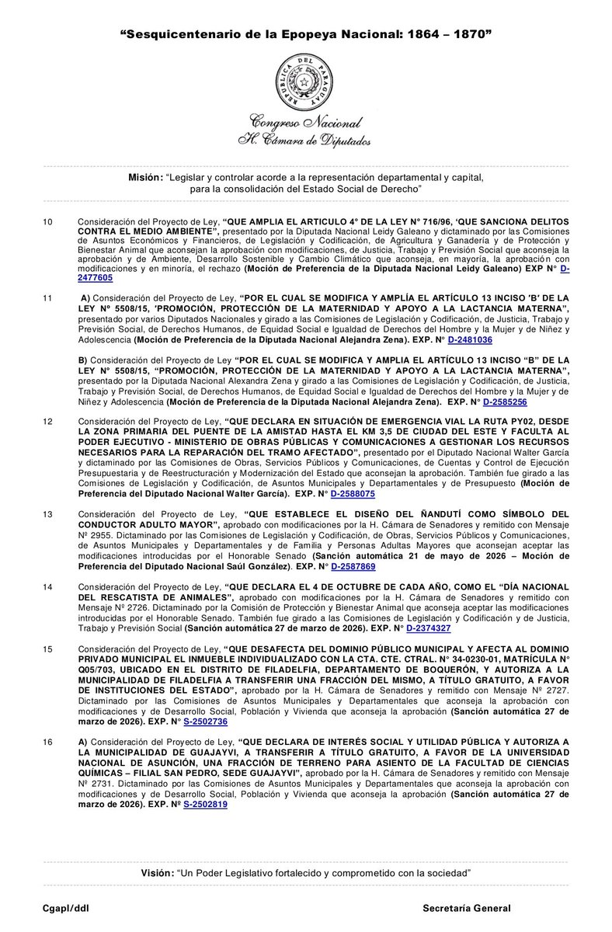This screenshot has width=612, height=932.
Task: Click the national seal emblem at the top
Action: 306,82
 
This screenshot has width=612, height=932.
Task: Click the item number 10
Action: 47,222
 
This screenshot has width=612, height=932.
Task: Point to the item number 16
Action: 47,742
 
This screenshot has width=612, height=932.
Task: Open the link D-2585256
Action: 505,403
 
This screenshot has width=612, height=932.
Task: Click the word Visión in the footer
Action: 158,873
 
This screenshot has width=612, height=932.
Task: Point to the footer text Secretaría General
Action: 466,908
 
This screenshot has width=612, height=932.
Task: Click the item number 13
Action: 47,514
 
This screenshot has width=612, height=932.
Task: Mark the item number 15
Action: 47,649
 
